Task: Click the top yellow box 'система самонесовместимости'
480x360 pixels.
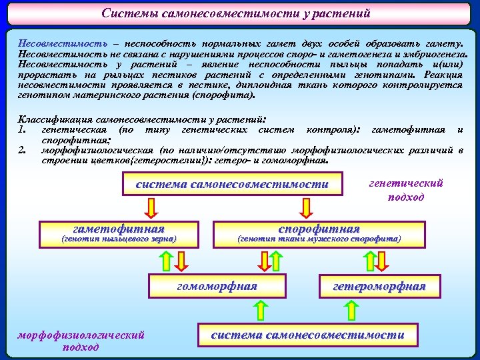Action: click(232, 185)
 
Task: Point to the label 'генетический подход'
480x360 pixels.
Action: click(405, 190)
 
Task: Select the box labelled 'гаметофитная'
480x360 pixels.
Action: click(119, 228)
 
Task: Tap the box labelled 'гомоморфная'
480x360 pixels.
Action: click(216, 287)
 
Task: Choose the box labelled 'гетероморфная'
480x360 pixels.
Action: click(379, 287)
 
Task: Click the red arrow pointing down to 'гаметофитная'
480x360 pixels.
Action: click(151, 209)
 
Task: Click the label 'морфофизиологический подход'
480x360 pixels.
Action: click(81, 341)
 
